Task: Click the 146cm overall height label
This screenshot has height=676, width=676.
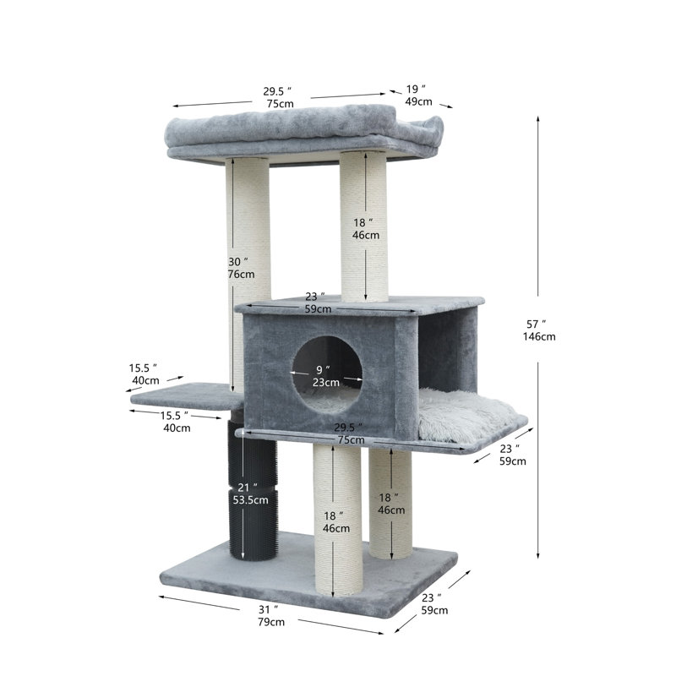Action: [539, 336]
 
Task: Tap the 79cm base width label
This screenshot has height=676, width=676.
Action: [271, 622]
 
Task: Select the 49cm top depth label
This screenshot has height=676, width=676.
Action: [418, 101]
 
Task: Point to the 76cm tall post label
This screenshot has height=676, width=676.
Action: [241, 274]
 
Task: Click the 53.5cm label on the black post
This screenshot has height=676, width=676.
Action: [250, 499]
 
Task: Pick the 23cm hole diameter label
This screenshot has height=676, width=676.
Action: [326, 382]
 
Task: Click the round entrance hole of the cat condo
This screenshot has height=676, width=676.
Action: [327, 374]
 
